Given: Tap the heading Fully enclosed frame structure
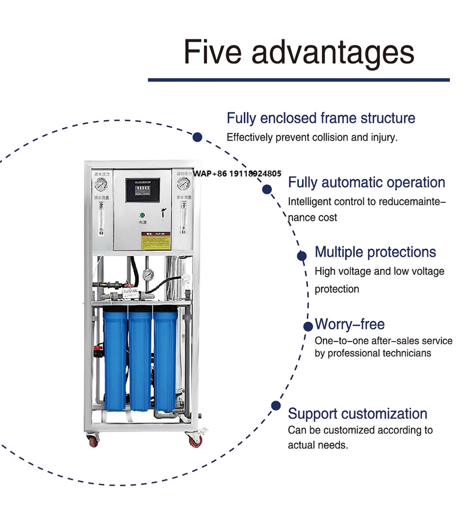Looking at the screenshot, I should (x=321, y=118).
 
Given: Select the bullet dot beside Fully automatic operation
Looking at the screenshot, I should (x=267, y=189).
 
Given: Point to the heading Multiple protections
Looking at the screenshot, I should (x=375, y=252).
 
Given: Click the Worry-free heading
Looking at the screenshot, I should (x=350, y=324).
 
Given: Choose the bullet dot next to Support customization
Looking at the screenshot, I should (x=275, y=406).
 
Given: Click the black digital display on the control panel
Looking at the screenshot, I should (x=142, y=190).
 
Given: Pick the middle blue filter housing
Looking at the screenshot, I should (x=141, y=360).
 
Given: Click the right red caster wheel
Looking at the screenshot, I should (x=195, y=441).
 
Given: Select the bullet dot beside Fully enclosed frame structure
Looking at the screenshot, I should (x=198, y=137).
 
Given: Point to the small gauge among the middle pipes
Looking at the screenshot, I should (x=150, y=274).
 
